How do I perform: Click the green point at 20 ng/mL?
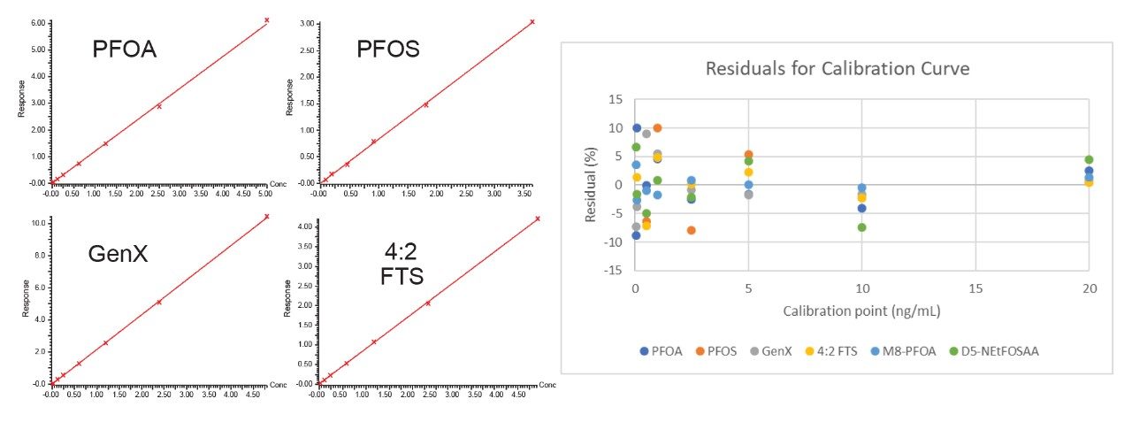1089,160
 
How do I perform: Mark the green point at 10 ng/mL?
861,227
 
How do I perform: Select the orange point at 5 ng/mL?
748,155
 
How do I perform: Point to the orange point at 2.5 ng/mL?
691,230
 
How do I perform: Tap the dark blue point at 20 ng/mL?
1089,171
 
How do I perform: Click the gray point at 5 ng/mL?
748,195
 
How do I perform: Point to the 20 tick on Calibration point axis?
1089,289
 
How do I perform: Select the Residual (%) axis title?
590,184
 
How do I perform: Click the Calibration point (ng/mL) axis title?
861,311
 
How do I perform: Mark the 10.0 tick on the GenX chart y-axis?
40,223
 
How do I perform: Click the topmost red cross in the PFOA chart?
266,19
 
